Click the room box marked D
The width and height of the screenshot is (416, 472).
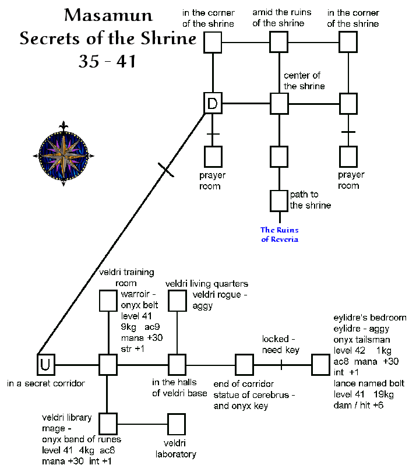point(213,104)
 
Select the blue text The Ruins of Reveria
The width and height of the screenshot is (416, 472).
point(279,234)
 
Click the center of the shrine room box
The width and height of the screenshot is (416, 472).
point(279,104)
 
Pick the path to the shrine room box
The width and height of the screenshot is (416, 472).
point(279,200)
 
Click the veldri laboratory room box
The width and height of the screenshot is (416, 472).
point(177,423)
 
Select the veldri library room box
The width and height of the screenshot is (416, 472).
point(108,423)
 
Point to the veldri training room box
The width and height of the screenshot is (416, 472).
point(108,301)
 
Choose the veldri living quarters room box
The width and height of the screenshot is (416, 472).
point(177,301)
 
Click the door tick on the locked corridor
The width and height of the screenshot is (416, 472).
point(281,365)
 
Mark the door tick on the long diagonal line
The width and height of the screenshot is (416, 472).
point(166,170)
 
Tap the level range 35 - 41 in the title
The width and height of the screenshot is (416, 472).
point(107,61)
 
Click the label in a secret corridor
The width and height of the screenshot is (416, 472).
point(46,383)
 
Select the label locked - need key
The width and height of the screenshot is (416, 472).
point(281,344)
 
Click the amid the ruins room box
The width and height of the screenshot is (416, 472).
point(279,42)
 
